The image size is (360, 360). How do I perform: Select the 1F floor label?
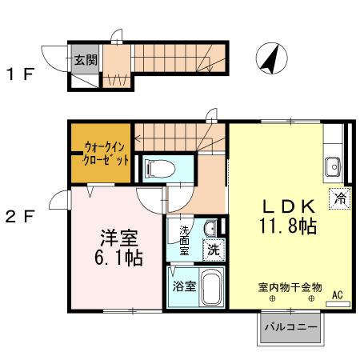pyautogui.click(x=21, y=76)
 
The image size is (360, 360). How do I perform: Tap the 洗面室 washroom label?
pyautogui.click(x=184, y=240)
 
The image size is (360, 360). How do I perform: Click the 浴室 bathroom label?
pyautogui.click(x=184, y=286)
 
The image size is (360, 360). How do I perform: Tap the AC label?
pyautogui.click(x=338, y=295)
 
